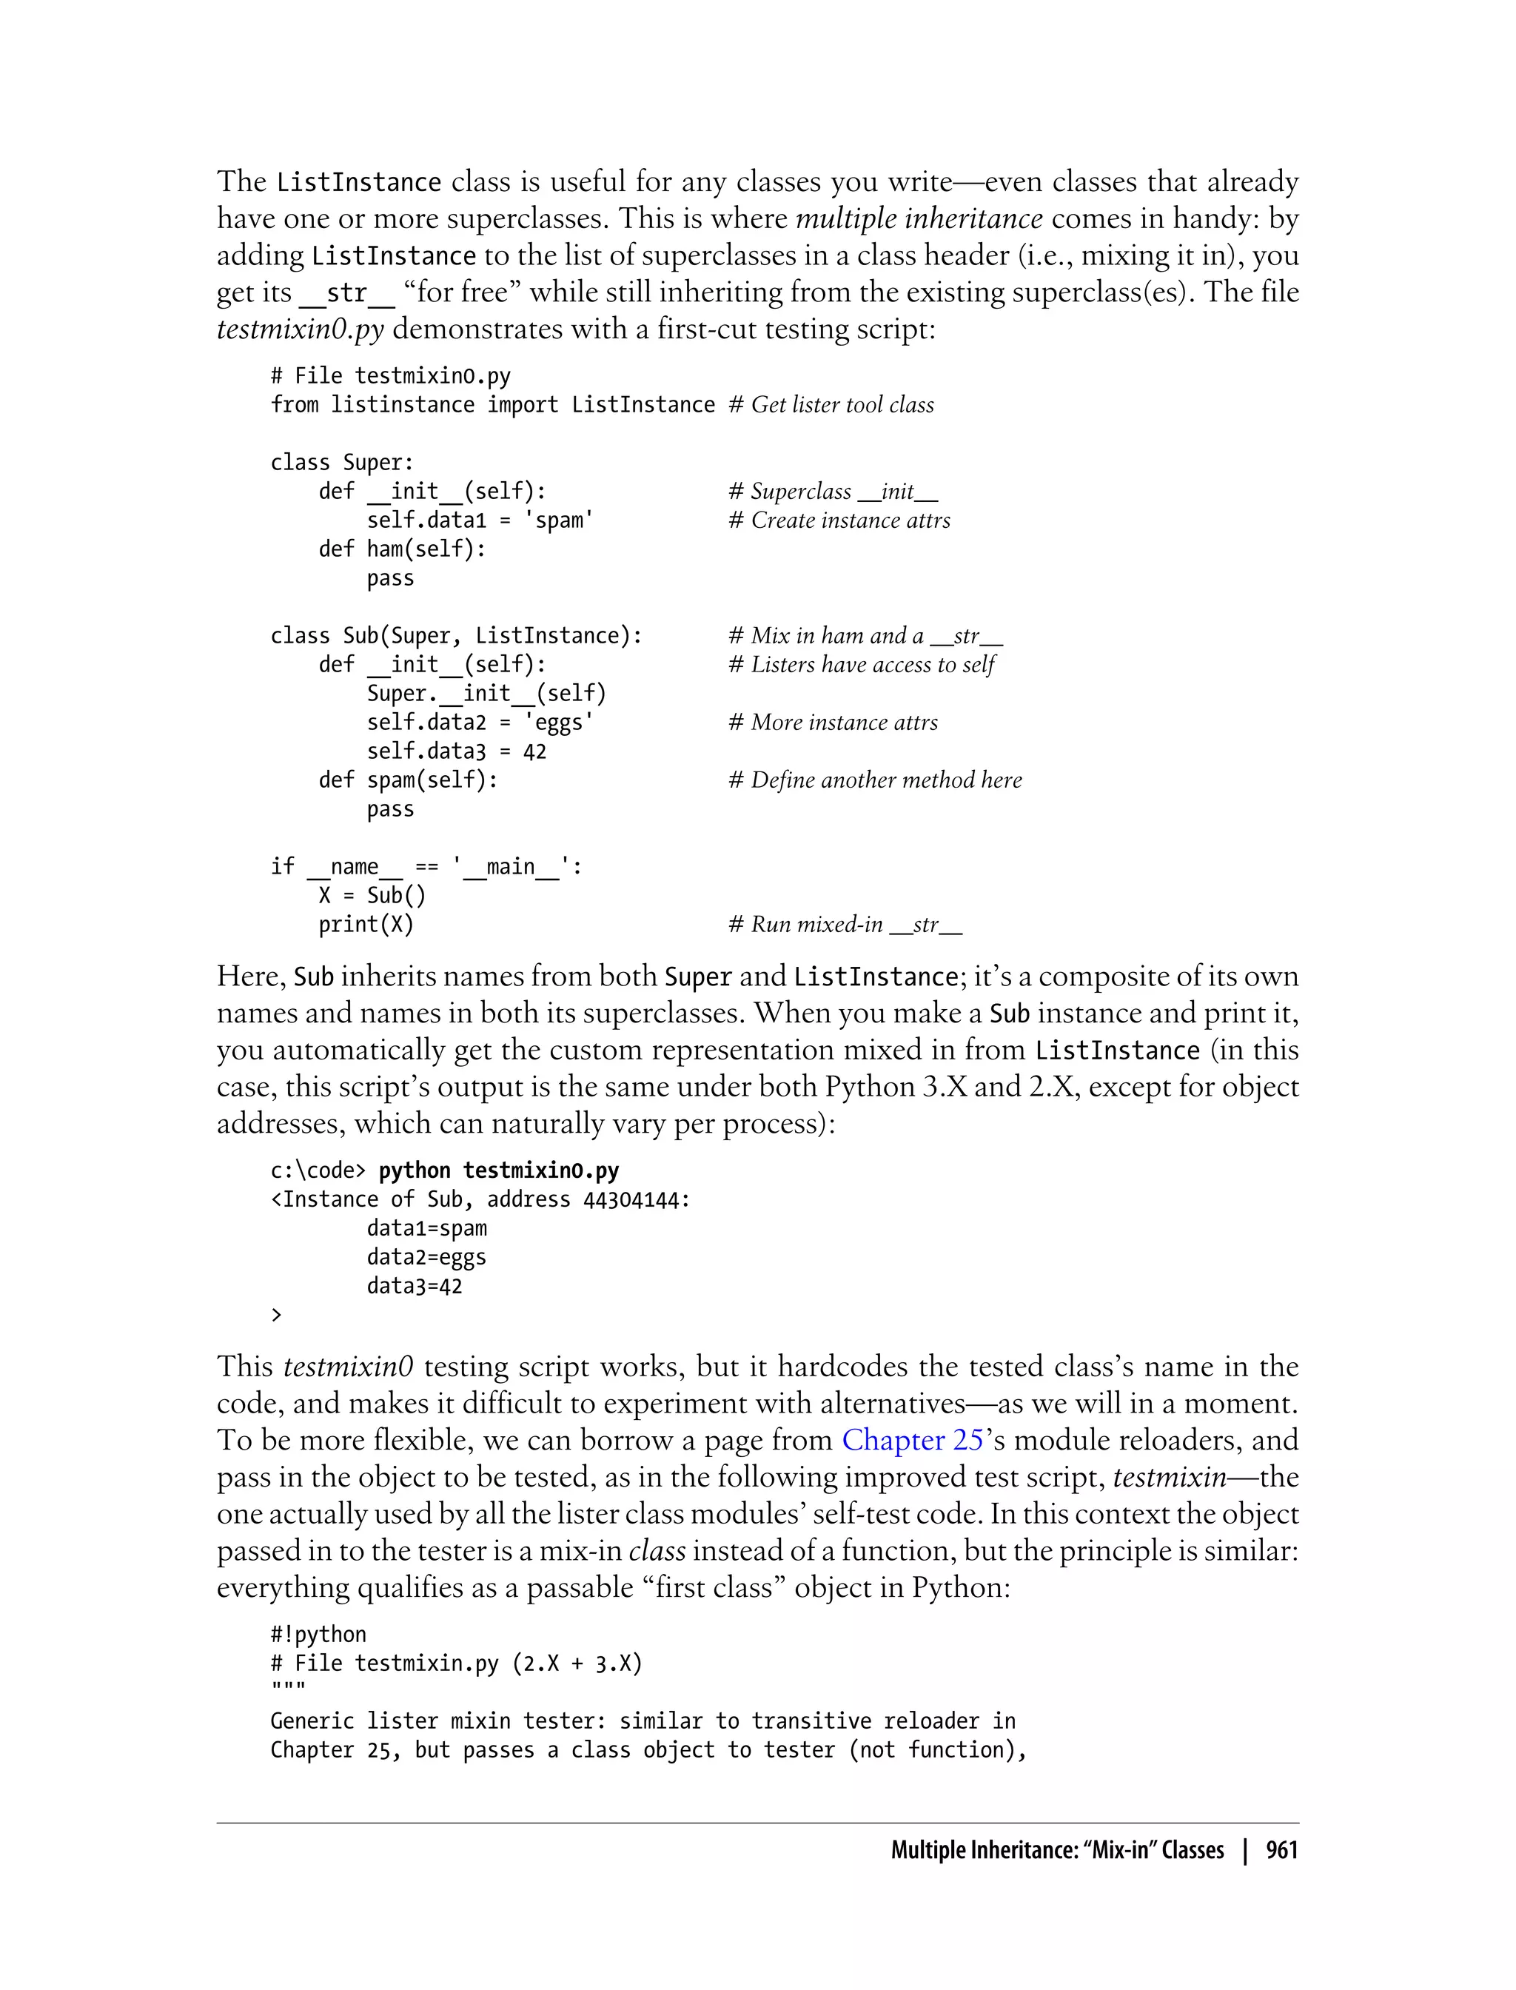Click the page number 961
1281,1850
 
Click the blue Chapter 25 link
912,1439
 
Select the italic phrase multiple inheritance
919,218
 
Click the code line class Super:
342,462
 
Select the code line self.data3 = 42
456,751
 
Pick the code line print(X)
366,924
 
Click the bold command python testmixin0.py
498,1170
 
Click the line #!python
318,1635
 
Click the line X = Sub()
371,895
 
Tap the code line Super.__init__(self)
486,693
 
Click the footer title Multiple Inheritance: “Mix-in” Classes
1057,1850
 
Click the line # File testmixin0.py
391,375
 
